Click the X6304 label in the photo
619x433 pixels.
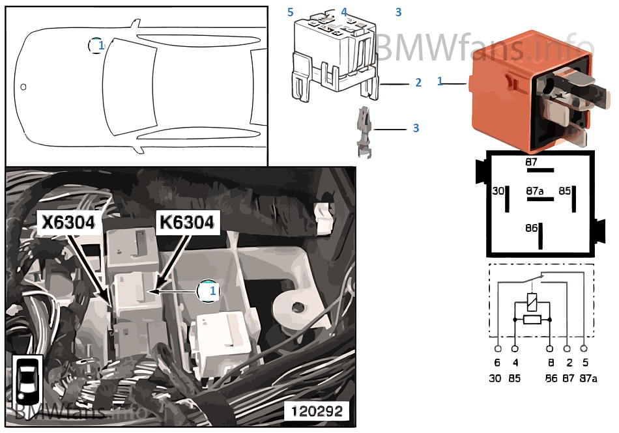[68, 223]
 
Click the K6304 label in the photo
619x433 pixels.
[186, 223]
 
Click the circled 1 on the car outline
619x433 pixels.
[97, 45]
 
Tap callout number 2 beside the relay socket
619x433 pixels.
[418, 83]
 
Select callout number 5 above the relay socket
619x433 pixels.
[291, 12]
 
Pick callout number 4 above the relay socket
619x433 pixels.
[344, 12]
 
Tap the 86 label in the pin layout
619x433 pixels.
[531, 229]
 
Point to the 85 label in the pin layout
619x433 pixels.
[564, 191]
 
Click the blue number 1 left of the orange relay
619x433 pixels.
[440, 81]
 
